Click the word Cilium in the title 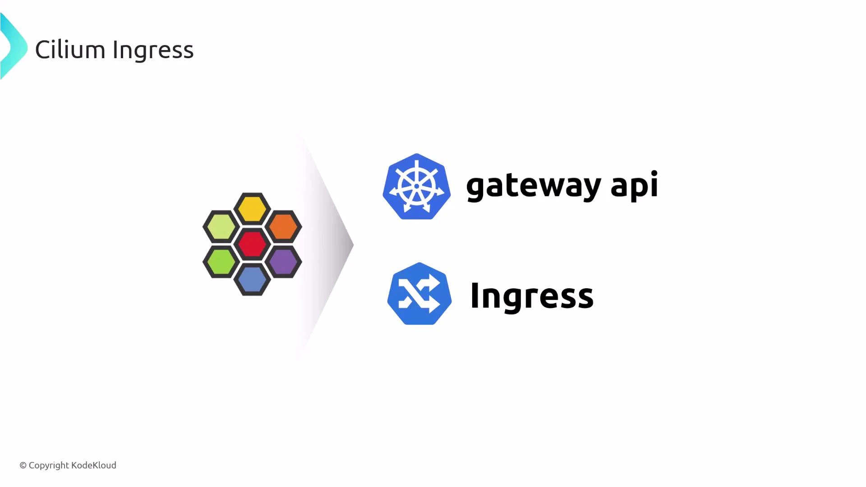[x=70, y=50]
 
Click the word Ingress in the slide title [x=153, y=51]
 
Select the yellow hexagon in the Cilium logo [x=252, y=209]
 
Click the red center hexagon [x=252, y=244]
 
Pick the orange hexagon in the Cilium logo [x=283, y=226]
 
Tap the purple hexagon [x=283, y=262]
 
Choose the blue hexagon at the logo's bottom [x=252, y=280]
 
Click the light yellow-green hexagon [x=221, y=226]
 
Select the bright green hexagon [x=221, y=262]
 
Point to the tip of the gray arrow [x=352, y=245]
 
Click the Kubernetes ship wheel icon [x=416, y=187]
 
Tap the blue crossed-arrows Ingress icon [x=419, y=294]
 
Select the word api [x=634, y=186]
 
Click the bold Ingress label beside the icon [x=531, y=296]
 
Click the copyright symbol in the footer [x=23, y=465]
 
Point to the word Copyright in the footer [x=49, y=465]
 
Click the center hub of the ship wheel [x=417, y=186]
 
